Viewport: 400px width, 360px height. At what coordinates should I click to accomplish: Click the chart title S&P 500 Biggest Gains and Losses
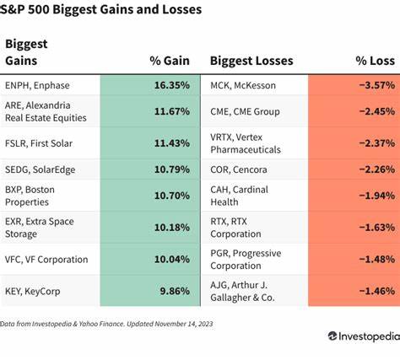point(102,10)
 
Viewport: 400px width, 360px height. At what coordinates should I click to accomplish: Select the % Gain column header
point(169,60)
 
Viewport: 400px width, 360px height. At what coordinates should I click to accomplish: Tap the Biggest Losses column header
point(251,60)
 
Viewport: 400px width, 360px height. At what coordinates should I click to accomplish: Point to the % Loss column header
point(370,60)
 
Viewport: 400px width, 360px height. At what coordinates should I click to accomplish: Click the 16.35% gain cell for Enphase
point(171,85)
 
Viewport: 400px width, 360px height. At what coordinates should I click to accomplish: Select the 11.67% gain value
point(171,110)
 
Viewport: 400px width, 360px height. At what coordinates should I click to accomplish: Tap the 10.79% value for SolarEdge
point(171,169)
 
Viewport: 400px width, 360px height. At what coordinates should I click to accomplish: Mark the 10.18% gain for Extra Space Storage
point(171,227)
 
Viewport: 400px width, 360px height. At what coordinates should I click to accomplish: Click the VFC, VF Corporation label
point(47,260)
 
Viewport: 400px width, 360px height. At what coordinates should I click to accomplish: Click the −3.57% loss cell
point(374,85)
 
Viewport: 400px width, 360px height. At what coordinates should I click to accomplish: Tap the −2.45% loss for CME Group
point(374,110)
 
